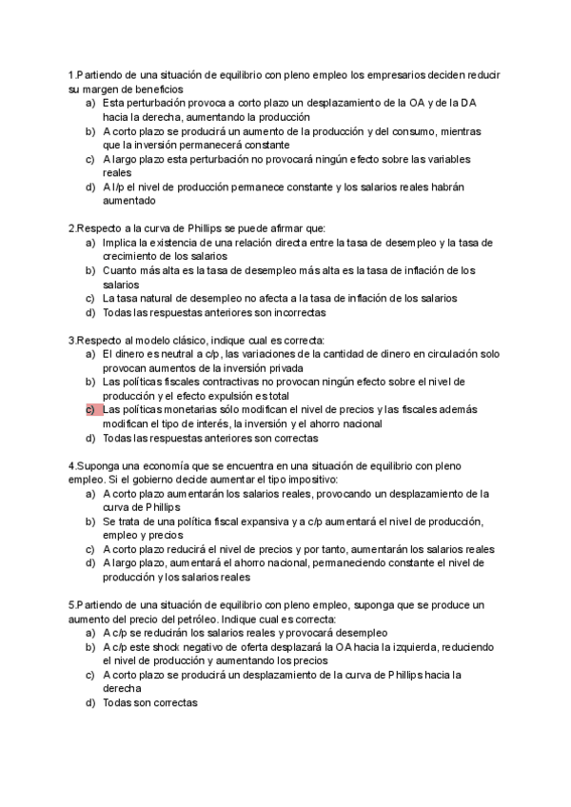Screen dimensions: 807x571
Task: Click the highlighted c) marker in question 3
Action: (x=90, y=409)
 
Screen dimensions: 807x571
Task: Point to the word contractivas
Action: (x=228, y=382)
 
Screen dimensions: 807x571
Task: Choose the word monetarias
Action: (x=196, y=409)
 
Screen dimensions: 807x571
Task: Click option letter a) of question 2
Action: (x=90, y=243)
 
